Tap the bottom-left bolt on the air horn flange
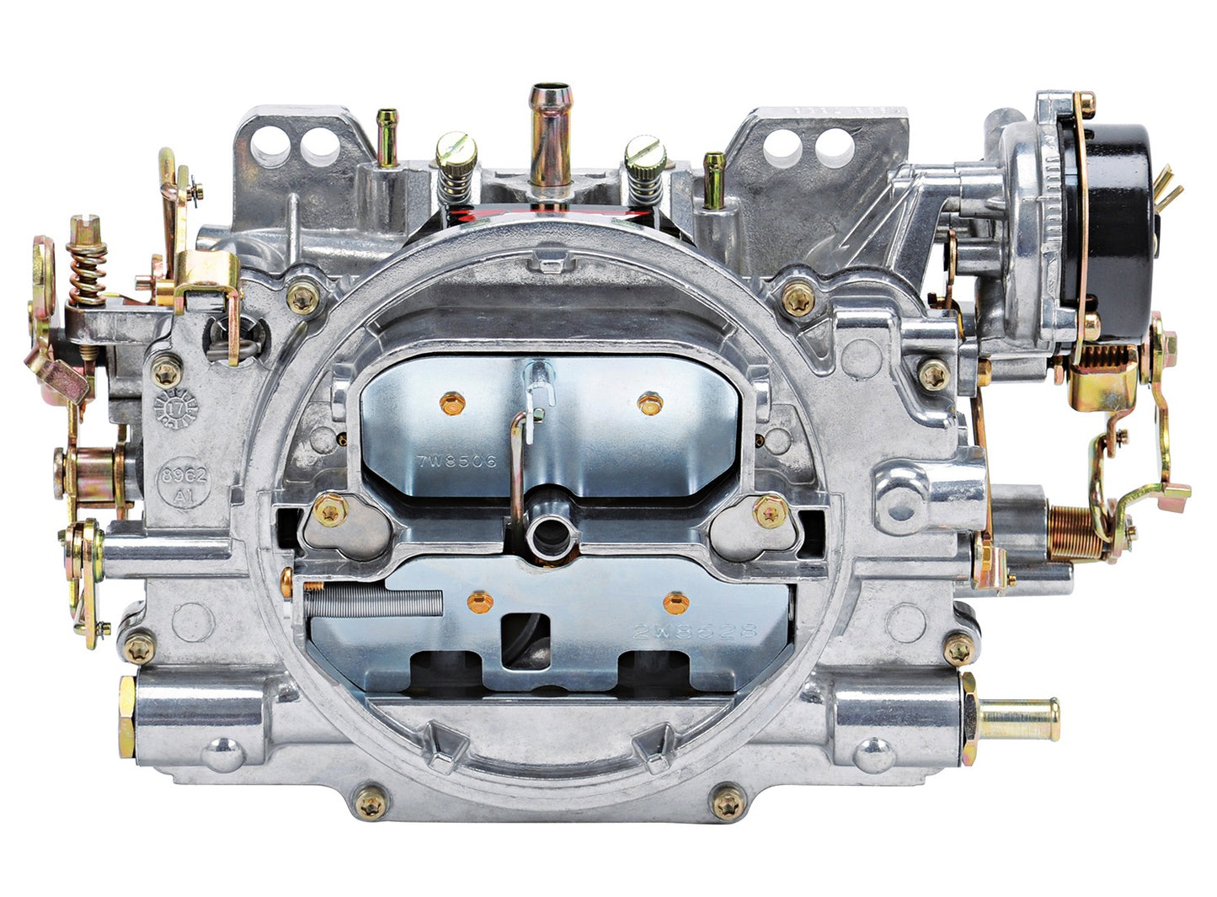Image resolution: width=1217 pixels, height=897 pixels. [x=370, y=804]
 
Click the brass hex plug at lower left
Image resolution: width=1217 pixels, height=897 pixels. [x=127, y=716]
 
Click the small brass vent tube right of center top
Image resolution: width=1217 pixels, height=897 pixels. [x=713, y=179]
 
